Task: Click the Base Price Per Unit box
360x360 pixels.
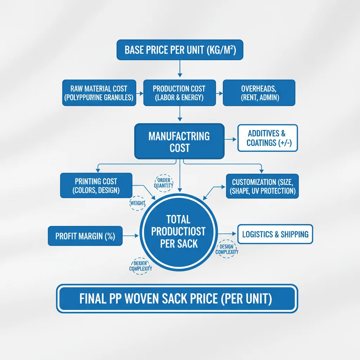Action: [x=180, y=50]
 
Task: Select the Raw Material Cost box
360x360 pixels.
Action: [x=98, y=93]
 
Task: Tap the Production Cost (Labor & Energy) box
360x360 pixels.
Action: [x=179, y=93]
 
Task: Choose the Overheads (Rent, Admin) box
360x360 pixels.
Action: [x=259, y=93]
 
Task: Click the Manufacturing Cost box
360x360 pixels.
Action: [x=179, y=141]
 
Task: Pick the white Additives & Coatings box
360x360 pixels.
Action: [x=268, y=138]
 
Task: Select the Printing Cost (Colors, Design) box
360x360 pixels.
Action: [x=96, y=186]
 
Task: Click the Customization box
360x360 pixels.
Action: [x=262, y=186]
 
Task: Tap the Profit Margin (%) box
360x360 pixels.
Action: [x=85, y=236]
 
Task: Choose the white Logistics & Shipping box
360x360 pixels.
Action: [x=275, y=234]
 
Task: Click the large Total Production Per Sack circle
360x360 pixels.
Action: [x=179, y=232]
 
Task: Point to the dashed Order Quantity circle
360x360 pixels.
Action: [x=163, y=183]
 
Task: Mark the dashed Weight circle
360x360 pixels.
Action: [x=137, y=203]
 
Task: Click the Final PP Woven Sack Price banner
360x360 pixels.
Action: [x=177, y=298]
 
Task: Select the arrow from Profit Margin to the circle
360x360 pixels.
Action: [x=131, y=236]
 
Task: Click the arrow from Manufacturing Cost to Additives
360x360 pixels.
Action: [x=231, y=140]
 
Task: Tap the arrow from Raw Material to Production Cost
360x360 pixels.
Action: [x=140, y=94]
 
